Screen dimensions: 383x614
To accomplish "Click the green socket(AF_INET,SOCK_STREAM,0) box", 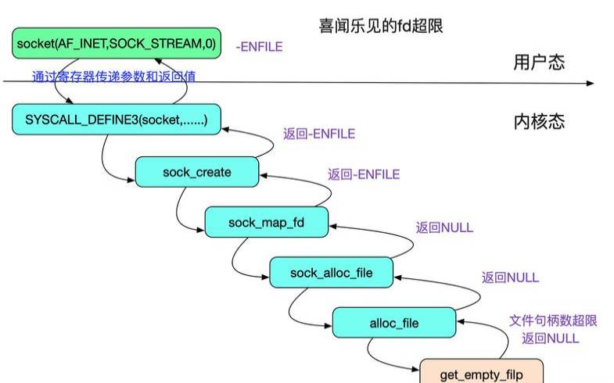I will (x=115, y=44).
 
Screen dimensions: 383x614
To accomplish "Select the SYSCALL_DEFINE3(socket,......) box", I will (x=116, y=119).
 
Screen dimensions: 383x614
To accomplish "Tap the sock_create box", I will (x=197, y=171).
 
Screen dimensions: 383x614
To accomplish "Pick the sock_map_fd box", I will (x=266, y=223).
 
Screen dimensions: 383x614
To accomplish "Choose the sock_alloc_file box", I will (x=332, y=272).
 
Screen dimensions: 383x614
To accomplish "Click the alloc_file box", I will (x=393, y=322).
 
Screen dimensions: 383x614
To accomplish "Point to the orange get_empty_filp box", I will (x=481, y=374).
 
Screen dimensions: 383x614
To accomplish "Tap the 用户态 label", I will (x=539, y=63).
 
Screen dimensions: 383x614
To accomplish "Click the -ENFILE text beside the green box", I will (x=259, y=47).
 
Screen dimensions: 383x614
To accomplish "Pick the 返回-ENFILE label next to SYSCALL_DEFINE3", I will (x=319, y=134).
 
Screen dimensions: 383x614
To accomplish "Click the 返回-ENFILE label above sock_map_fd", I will (x=364, y=174).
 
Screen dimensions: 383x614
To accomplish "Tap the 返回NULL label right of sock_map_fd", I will (x=444, y=227).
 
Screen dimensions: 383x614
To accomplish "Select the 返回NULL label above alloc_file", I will (x=510, y=277).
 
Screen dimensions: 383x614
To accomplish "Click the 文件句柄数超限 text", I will (x=553, y=320).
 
